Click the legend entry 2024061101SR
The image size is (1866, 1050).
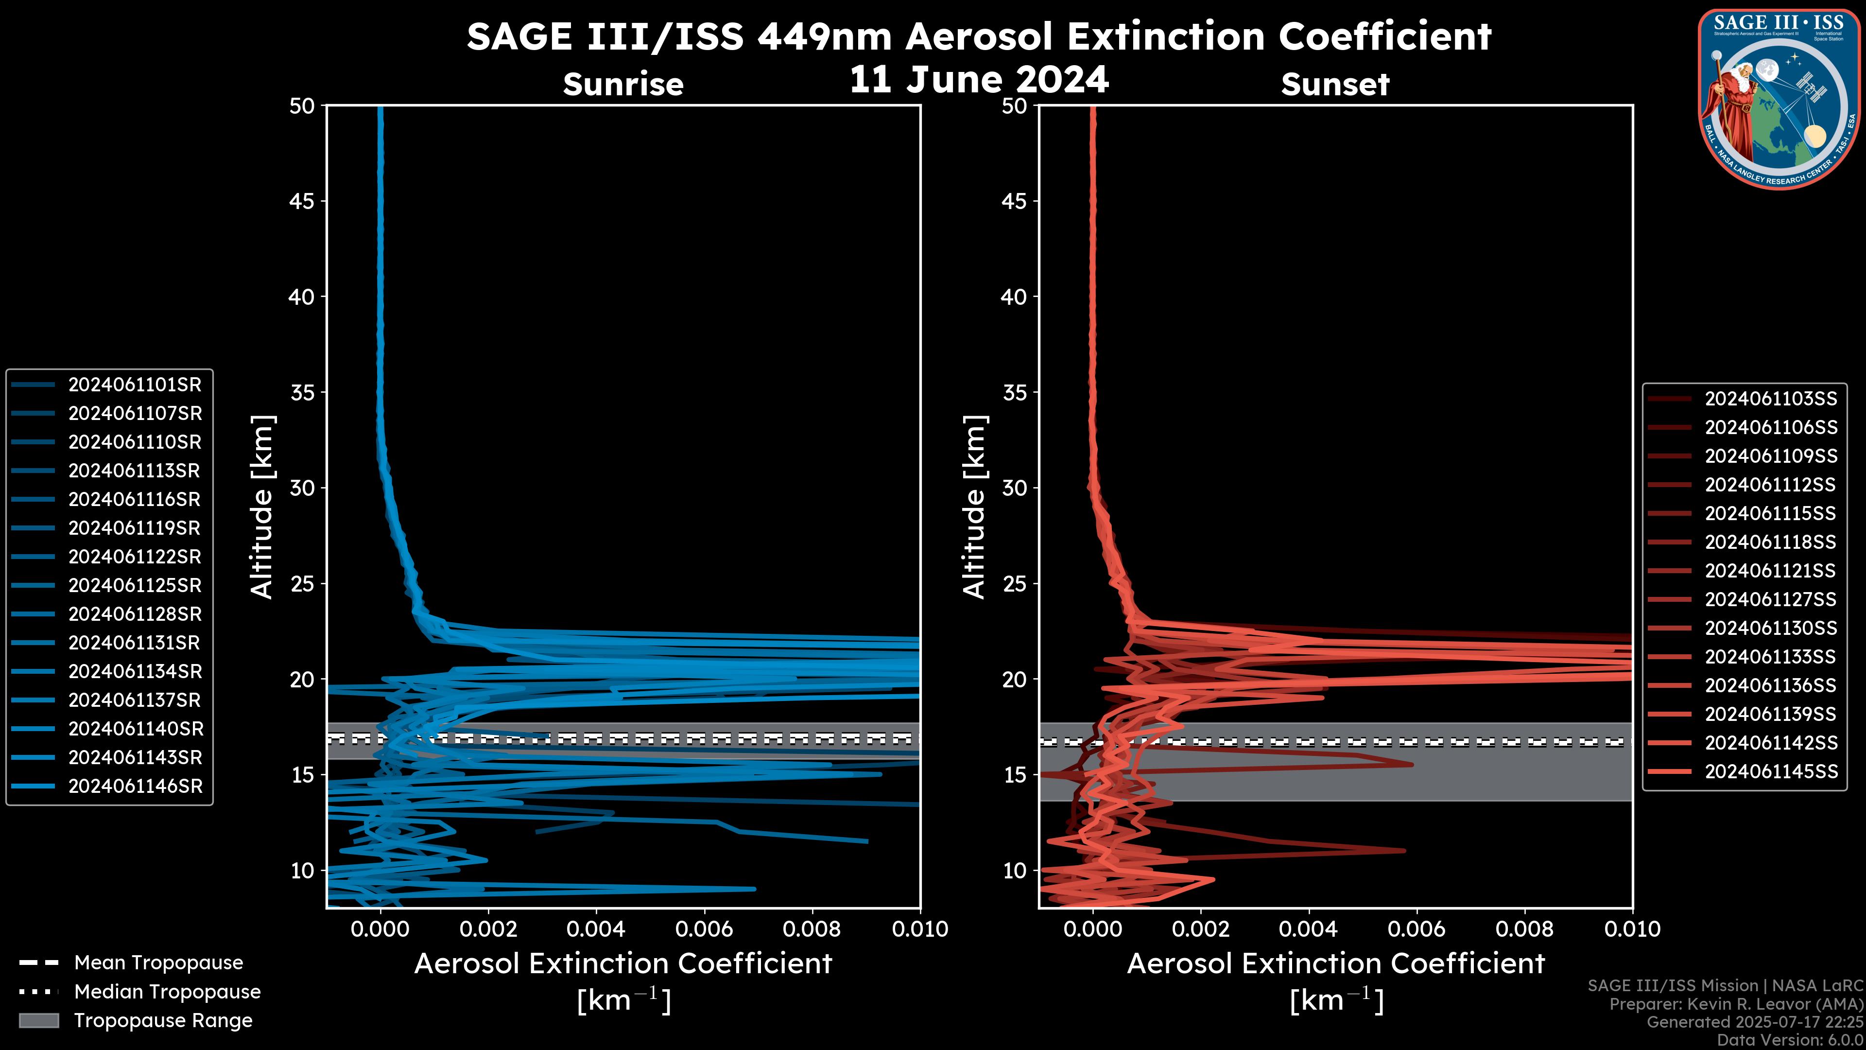point(135,385)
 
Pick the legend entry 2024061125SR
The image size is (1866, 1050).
point(135,585)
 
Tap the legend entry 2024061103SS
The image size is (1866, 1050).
point(1770,399)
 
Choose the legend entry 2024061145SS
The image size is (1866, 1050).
point(1770,772)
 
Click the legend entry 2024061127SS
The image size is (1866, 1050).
point(1770,600)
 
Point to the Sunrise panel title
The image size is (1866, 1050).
point(623,85)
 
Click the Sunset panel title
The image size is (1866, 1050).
point(1335,85)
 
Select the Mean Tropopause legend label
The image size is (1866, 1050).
point(158,963)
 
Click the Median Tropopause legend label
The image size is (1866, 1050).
point(167,992)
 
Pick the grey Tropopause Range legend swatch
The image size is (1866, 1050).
point(39,1020)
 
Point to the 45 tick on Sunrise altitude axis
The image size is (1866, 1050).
point(303,201)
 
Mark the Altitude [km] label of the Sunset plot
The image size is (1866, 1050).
point(975,507)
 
